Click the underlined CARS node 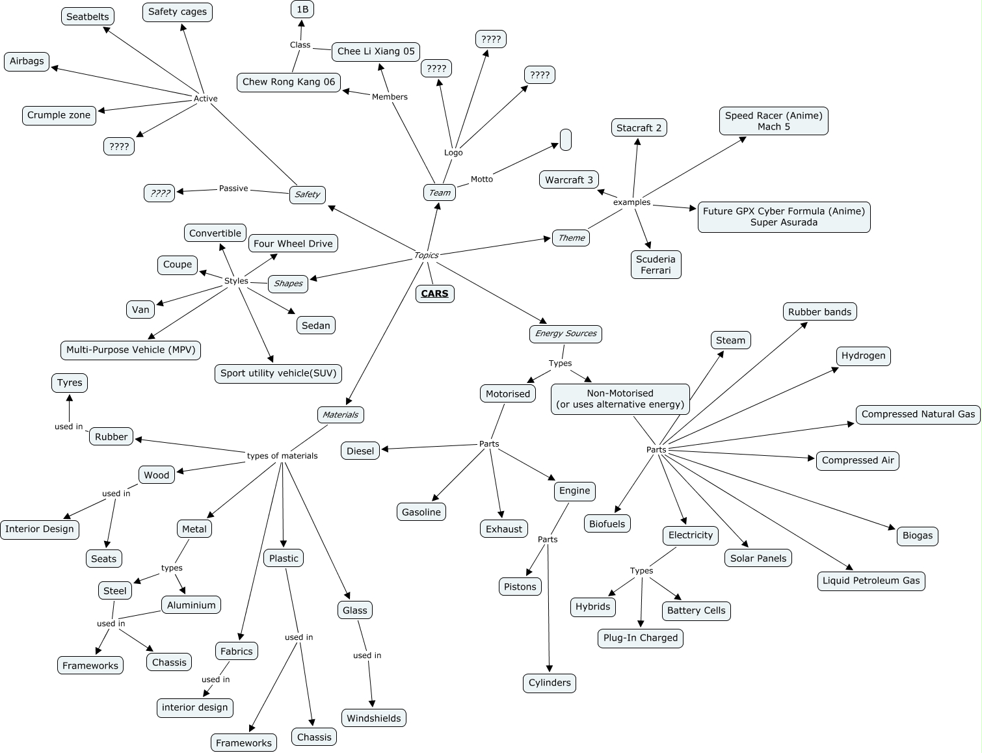(434, 293)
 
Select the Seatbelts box (88, 17)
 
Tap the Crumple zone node (59, 115)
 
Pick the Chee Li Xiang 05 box (376, 51)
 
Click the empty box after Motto (566, 140)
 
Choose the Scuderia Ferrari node (656, 265)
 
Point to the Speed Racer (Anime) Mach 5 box (773, 121)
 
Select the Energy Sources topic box (566, 334)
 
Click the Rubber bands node (819, 312)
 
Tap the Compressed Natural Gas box (918, 414)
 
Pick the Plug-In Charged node (641, 638)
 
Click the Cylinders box (550, 683)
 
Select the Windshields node (374, 719)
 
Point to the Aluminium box (191, 605)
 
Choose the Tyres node (70, 383)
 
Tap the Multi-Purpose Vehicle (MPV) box (131, 350)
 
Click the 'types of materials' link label (282, 456)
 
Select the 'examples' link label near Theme (631, 202)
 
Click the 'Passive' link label (233, 189)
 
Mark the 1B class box (302, 9)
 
